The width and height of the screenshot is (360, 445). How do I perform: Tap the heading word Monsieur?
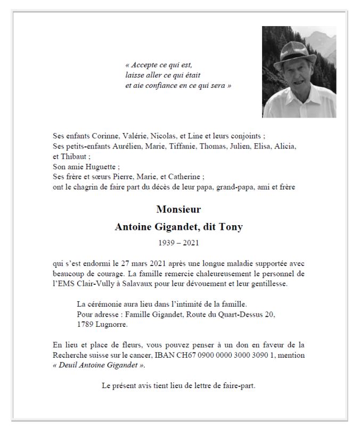point(179,209)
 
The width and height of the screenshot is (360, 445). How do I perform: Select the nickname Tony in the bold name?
point(231,227)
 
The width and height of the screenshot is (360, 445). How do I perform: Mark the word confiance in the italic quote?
point(157,86)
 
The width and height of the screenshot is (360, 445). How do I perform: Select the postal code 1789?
point(86,324)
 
